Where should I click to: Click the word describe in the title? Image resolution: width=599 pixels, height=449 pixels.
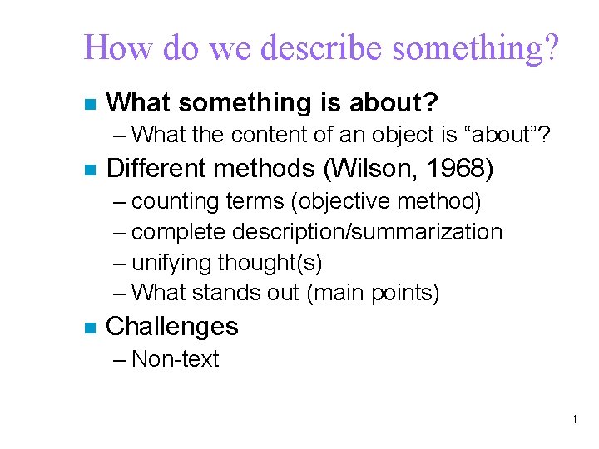319,48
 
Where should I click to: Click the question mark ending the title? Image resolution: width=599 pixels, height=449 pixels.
551,48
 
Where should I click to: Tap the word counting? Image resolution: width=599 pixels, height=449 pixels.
171,201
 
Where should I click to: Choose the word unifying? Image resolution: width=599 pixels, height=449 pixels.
172,263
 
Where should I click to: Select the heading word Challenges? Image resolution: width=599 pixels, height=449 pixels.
172,327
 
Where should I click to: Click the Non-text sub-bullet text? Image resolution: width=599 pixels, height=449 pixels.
175,359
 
